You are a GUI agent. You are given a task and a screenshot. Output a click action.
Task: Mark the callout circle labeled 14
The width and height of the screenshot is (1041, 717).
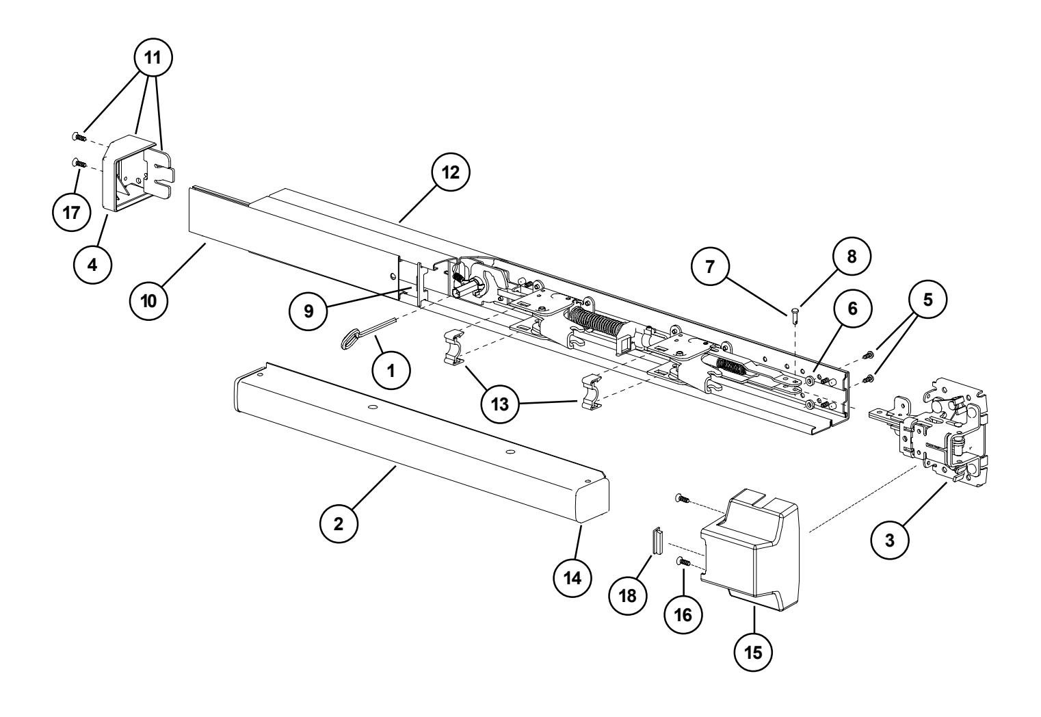(572, 577)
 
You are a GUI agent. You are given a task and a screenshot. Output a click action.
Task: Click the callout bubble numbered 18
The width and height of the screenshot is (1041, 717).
(629, 595)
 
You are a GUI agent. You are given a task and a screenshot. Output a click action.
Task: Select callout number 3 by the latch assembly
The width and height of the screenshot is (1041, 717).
(890, 538)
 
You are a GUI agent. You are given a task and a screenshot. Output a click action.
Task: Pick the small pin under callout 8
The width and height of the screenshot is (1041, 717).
(795, 314)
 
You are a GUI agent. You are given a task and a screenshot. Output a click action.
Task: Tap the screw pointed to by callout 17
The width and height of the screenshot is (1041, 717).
(77, 164)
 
